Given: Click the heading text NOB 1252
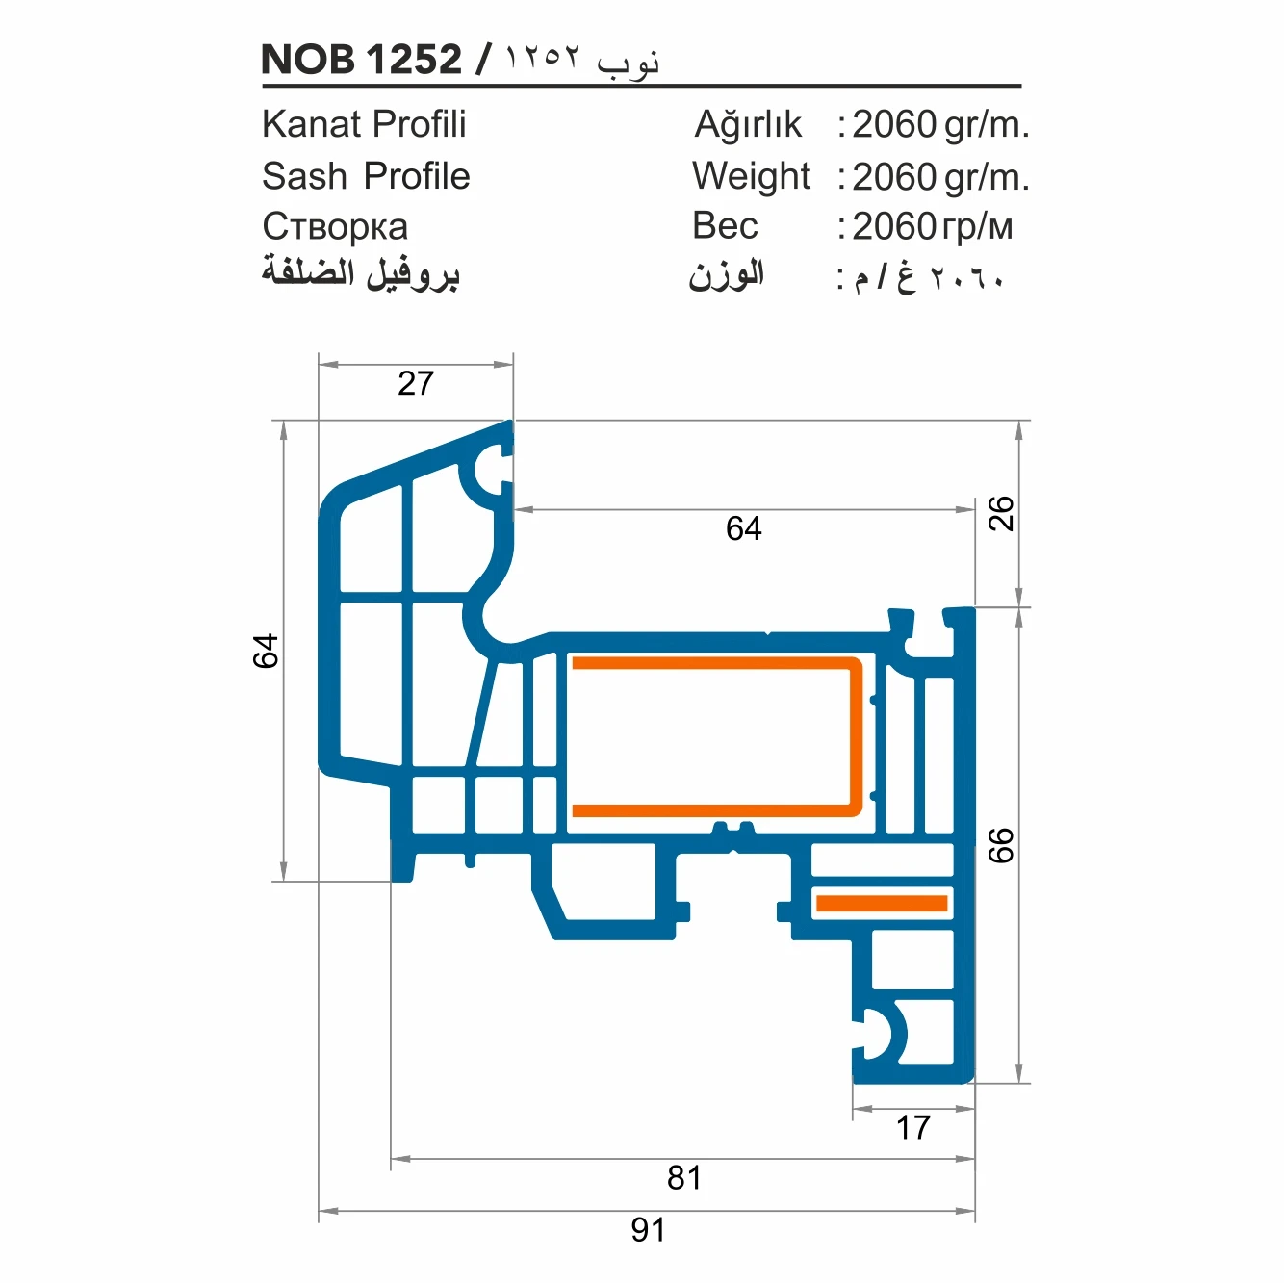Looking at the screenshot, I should point(361,60).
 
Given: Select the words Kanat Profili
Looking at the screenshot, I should point(364,124).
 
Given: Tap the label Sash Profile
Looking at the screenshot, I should point(366,176).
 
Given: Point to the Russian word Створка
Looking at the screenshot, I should point(335,227).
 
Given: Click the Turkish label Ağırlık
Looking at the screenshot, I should point(748,124).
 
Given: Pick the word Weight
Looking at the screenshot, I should point(751,176).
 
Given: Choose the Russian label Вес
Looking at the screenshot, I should point(725,226).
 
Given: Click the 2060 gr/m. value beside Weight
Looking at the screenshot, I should point(940,177).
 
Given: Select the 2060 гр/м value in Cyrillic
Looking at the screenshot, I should point(932,227).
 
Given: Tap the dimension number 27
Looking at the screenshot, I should point(416,383).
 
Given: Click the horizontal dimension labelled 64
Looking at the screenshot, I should point(743,528).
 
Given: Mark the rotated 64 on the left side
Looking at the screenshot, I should point(266,651).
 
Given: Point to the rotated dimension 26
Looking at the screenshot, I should point(1001,513).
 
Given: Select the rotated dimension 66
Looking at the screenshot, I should point(1001,845).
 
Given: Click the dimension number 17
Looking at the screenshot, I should point(912,1127).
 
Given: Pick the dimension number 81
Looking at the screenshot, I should point(684,1177).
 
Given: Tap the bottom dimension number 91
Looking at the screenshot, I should point(648,1229).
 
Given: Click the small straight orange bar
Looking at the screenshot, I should point(881,903).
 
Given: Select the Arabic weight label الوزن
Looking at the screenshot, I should point(726,275).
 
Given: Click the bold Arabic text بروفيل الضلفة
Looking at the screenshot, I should point(361,273).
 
